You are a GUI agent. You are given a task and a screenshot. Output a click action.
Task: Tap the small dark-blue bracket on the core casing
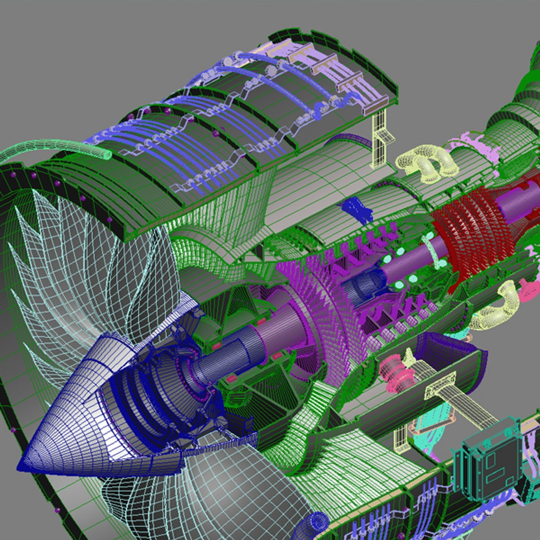358,208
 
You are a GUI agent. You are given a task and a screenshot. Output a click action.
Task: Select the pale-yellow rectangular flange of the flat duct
440,385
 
